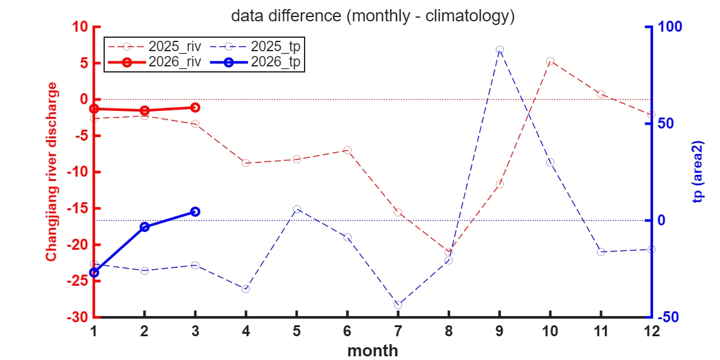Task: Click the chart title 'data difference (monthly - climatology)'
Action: click(x=373, y=16)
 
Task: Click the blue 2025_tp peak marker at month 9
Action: click(x=499, y=49)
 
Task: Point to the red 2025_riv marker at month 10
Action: click(x=550, y=62)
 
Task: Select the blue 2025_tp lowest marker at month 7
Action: click(x=398, y=305)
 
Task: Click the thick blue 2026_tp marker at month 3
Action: click(x=195, y=211)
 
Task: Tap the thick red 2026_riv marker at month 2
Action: click(x=144, y=110)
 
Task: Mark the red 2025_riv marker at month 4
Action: click(x=246, y=163)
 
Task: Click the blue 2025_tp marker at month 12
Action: click(x=651, y=249)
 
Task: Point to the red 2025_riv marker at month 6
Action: click(x=347, y=150)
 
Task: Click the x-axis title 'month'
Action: click(x=373, y=351)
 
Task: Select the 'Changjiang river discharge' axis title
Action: click(x=52, y=172)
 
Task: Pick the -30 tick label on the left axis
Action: click(x=77, y=317)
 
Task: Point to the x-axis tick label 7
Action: click(x=398, y=331)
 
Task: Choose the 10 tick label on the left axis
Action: click(x=81, y=27)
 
